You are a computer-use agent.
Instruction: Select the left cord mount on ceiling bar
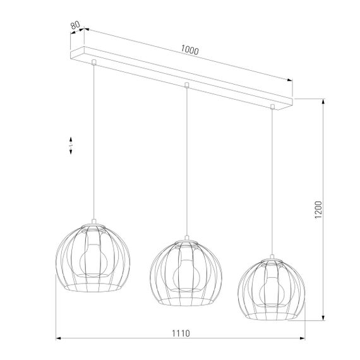[93, 62]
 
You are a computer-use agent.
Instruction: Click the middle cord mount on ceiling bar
[186, 84]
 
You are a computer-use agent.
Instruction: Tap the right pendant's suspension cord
[273, 183]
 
